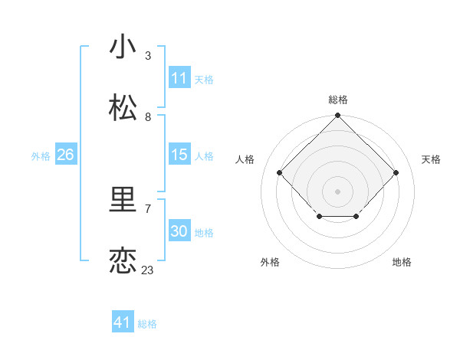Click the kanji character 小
123,47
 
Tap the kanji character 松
123,108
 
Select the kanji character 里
123,200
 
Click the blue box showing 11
179,78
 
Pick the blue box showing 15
179,155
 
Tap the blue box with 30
179,231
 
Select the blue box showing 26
65,155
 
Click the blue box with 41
123,322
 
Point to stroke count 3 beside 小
148,56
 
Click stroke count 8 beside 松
148,117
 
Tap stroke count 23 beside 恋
148,270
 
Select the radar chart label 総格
337,100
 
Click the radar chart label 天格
431,159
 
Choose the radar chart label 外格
270,262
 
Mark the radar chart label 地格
402,262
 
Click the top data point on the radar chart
337,116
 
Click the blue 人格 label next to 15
204,156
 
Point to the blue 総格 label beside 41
147,324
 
